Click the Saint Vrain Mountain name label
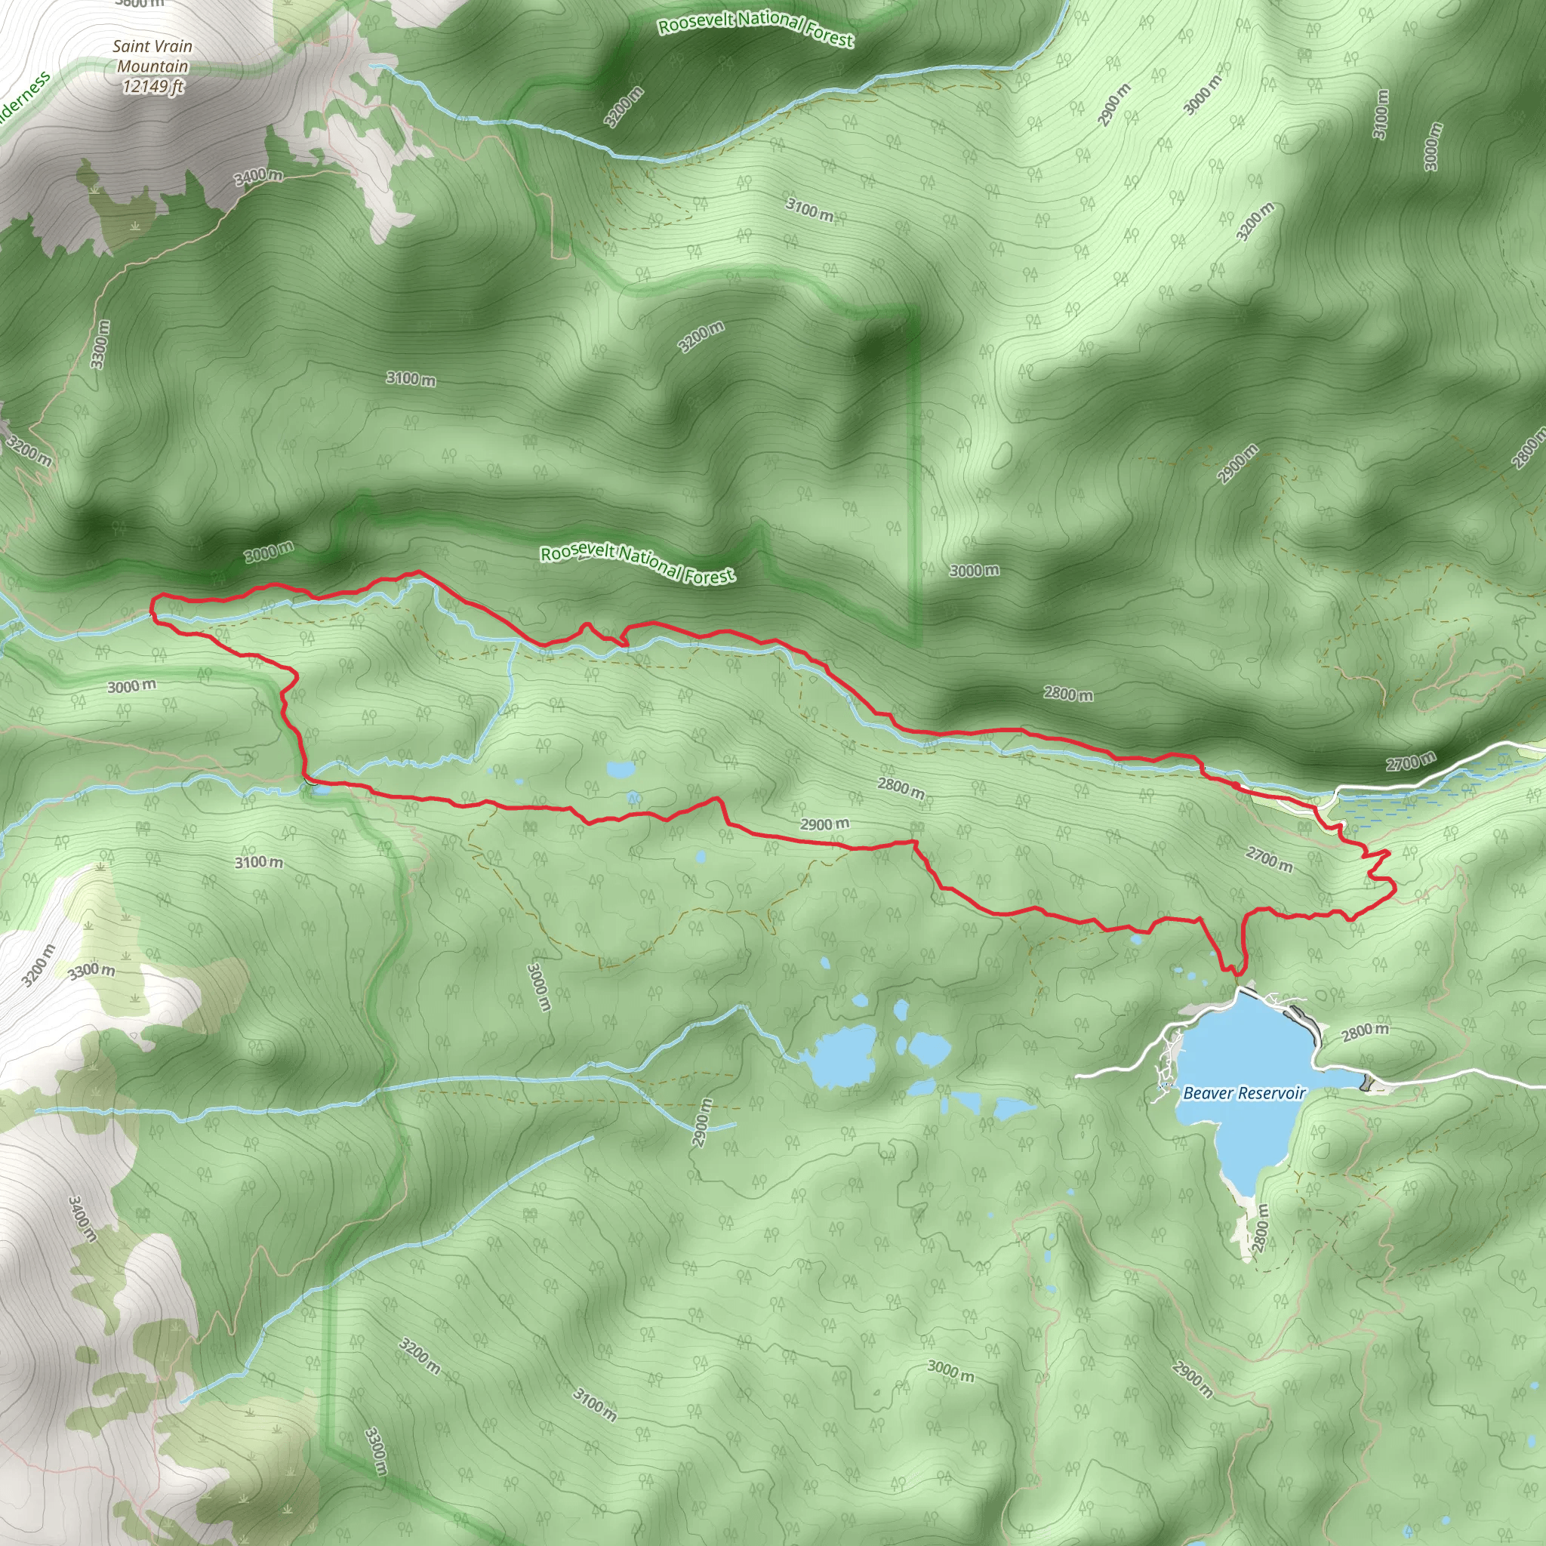(152, 56)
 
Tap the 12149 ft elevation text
(152, 85)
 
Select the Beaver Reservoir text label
(1243, 1093)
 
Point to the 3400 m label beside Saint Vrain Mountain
(258, 176)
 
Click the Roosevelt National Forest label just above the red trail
(637, 563)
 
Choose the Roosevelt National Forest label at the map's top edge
(756, 28)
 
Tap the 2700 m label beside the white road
(1412, 762)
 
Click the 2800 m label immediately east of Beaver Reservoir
(1365, 1032)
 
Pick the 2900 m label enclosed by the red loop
(825, 824)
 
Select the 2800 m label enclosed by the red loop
(901, 788)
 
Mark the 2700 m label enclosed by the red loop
(1269, 858)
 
